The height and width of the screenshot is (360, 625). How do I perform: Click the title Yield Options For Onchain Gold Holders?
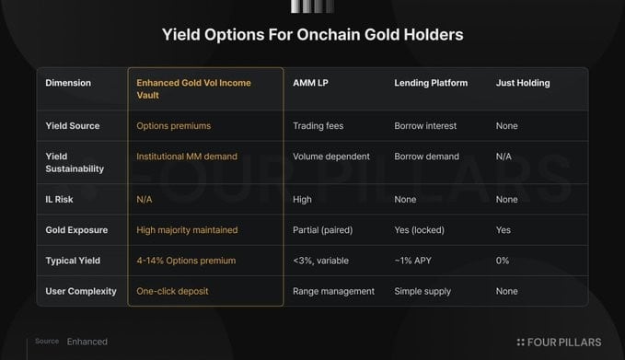coord(313,35)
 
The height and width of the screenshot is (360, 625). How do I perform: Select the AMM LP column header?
coord(310,83)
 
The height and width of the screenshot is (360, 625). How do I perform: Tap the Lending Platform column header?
coord(431,83)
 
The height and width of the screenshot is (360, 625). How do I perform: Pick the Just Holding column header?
coord(523,83)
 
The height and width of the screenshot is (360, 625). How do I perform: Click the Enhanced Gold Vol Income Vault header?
coord(193,89)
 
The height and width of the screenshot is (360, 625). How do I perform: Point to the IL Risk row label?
coord(59,200)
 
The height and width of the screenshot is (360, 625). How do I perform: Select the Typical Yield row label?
coord(73,261)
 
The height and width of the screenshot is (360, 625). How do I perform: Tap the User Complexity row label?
coord(81,292)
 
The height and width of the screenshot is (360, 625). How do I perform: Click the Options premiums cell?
coord(173,126)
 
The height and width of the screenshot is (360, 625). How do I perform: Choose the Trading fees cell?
coord(318,126)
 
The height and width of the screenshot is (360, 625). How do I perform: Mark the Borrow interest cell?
coord(425,126)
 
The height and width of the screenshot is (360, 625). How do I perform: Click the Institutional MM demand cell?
coord(187,157)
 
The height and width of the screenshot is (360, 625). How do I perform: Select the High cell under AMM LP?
coord(302,200)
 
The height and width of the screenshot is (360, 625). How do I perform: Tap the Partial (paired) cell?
coord(322,230)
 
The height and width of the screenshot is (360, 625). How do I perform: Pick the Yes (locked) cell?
coord(419,230)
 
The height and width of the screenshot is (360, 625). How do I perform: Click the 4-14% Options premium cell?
coord(186,261)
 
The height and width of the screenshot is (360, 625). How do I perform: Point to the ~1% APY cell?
coord(412,261)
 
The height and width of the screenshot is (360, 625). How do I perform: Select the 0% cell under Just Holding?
coord(503,261)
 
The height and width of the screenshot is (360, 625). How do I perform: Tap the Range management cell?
coord(333,292)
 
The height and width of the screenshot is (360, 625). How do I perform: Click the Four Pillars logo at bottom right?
coord(559,343)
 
